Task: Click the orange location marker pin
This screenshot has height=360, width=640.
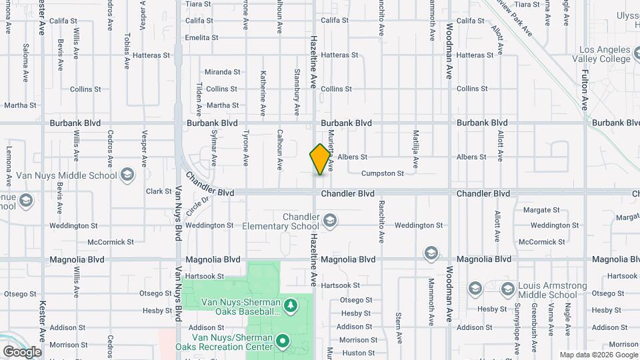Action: pyautogui.click(x=321, y=159)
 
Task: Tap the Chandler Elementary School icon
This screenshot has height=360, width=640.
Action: pyautogui.click(x=329, y=220)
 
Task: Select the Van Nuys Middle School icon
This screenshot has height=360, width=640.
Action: pyautogui.click(x=128, y=175)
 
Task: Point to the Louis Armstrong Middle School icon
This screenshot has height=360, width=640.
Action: pyautogui.click(x=508, y=289)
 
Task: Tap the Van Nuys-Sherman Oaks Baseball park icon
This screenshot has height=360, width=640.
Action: pyautogui.click(x=291, y=306)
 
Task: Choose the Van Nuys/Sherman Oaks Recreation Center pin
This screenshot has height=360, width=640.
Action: pyautogui.click(x=283, y=341)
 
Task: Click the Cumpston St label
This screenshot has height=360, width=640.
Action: pyautogui.click(x=382, y=173)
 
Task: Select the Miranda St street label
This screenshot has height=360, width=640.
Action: pyautogui.click(x=222, y=72)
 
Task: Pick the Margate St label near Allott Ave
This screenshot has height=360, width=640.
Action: pyautogui.click(x=541, y=209)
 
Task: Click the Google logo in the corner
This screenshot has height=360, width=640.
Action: pyautogui.click(x=22, y=351)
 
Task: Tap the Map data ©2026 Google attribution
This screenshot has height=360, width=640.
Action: pyautogui.click(x=598, y=355)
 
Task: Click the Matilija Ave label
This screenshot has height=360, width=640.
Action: pyautogui.click(x=415, y=148)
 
